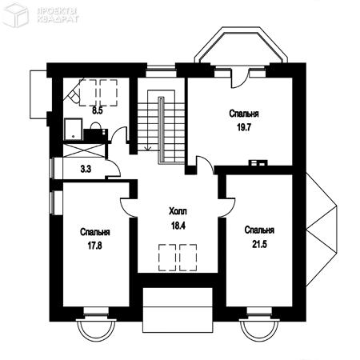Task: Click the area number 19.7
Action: [244, 127]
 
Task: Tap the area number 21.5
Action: [259, 244]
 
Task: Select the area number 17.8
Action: [95, 246]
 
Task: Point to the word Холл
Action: [178, 211]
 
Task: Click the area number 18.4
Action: [178, 226]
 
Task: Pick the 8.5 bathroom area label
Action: [98, 110]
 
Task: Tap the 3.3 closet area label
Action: [86, 169]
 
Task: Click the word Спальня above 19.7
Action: [244, 114]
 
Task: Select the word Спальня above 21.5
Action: [259, 230]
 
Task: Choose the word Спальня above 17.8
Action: [95, 232]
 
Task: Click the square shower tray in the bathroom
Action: [73, 129]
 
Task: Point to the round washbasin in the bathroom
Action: [95, 126]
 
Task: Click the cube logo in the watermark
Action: [15, 14]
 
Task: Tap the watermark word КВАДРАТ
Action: [58, 19]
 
